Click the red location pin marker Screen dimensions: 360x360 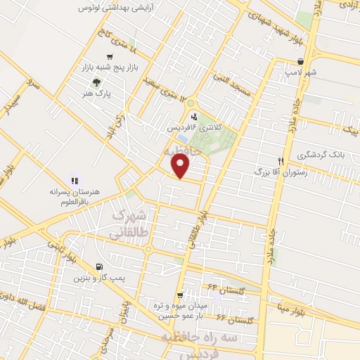tap(181, 165)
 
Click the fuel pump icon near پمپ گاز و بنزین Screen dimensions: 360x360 tap(98, 266)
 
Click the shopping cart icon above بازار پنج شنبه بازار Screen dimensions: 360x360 tap(109, 57)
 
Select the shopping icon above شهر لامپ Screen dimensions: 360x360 tap(301, 61)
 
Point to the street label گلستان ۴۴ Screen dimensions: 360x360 tap(219, 288)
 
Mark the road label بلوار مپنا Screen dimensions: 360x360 tap(290, 309)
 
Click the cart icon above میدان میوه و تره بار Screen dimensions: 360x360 tap(181, 295)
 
